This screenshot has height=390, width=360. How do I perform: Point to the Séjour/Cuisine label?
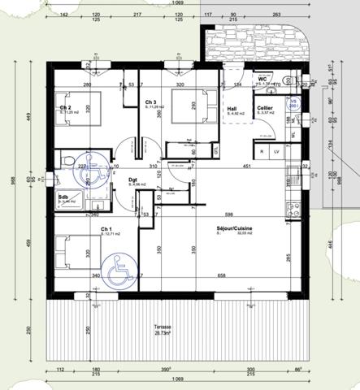(234, 230)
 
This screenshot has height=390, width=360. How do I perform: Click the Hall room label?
(232, 107)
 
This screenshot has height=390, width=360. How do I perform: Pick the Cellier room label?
(265, 107)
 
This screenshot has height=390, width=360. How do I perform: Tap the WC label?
(262, 79)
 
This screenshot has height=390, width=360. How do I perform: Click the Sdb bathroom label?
(63, 197)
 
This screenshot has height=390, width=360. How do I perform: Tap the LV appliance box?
(277, 152)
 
